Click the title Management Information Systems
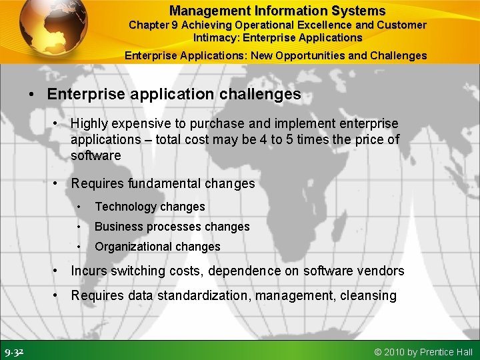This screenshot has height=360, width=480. click(277, 11)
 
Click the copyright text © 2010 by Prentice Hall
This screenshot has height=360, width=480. click(423, 352)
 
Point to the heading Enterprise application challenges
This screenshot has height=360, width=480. click(174, 95)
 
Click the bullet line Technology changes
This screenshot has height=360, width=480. click(149, 207)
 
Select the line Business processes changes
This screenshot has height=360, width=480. click(172, 227)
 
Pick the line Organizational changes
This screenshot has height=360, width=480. click(157, 247)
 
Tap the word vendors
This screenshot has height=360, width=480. click(380, 271)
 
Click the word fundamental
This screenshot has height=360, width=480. click(161, 183)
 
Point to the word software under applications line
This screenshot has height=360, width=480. click(95, 155)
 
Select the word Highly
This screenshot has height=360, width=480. click(91, 123)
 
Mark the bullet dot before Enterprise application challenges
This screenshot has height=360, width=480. click(32, 95)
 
